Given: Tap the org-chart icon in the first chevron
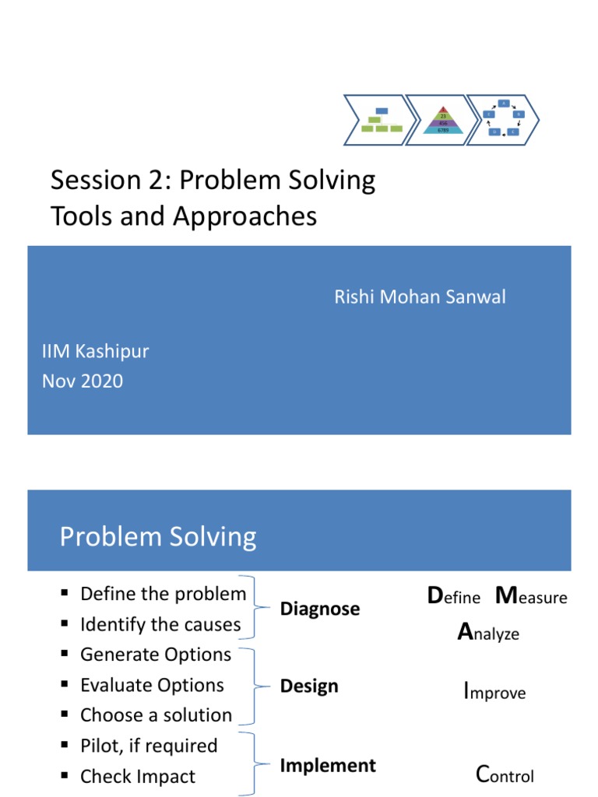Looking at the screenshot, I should click(381, 121).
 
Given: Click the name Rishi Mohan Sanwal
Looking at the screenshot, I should click(420, 297).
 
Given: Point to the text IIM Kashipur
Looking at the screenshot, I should click(95, 351).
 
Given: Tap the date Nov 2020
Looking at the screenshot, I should click(82, 381).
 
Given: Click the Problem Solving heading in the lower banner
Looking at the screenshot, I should click(158, 536).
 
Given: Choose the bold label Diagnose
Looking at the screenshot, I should click(320, 609).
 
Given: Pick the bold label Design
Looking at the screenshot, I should click(309, 686).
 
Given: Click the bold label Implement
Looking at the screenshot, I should click(328, 766).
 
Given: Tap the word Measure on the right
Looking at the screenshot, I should click(531, 597).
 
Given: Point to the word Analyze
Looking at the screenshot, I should click(488, 634).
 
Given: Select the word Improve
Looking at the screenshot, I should click(494, 692).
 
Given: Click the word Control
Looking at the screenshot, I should click(505, 775).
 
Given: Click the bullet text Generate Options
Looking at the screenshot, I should click(156, 655).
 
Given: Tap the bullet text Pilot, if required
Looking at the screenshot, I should click(149, 746).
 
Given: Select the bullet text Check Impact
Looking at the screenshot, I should click(138, 776).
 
